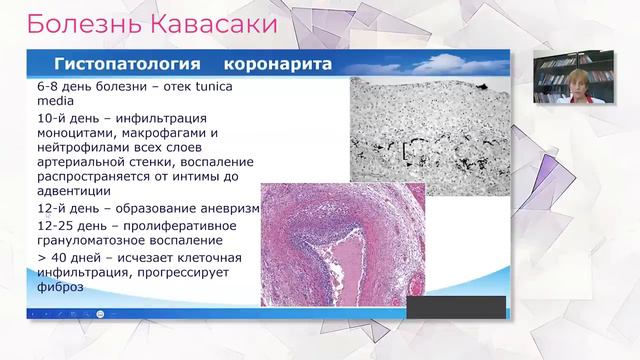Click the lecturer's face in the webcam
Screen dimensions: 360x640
tap(577, 78)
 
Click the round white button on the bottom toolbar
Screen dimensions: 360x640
tap(101, 314)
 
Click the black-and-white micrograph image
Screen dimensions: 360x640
tap(429, 130)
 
